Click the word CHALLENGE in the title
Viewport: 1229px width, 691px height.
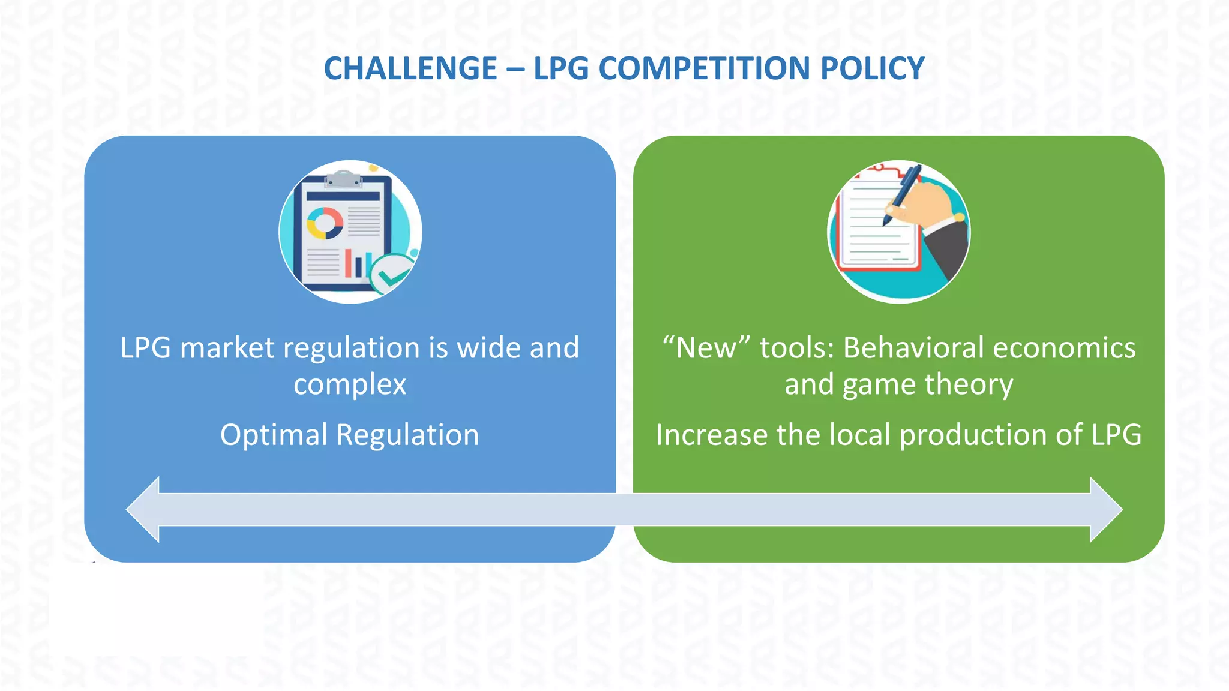tap(410, 68)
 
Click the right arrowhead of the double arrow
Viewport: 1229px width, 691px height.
tap(1105, 510)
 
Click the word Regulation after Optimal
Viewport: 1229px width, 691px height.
tap(407, 435)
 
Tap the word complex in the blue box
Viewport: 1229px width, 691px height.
tap(350, 384)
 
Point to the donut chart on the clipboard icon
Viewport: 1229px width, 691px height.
tap(325, 223)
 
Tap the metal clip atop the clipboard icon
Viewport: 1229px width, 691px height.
tap(343, 178)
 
